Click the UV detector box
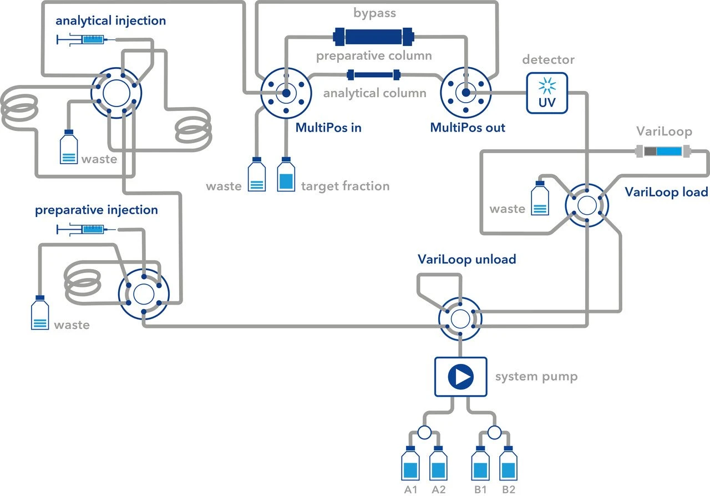pyautogui.click(x=547, y=93)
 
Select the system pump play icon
pyautogui.click(x=460, y=377)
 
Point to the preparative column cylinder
pyautogui.click(x=374, y=37)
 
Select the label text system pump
pyautogui.click(x=536, y=377)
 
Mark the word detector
pyautogui.click(x=548, y=59)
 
